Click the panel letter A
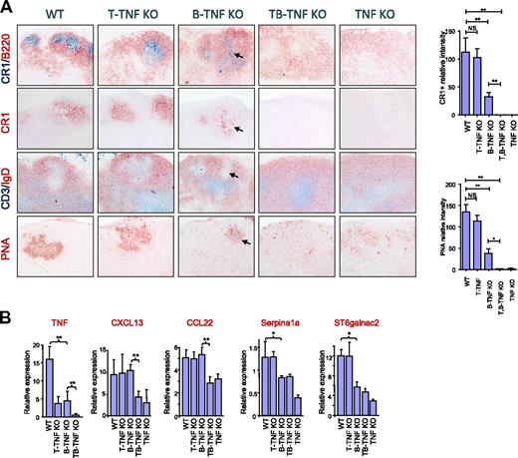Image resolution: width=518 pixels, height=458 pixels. click(x=7, y=8)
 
